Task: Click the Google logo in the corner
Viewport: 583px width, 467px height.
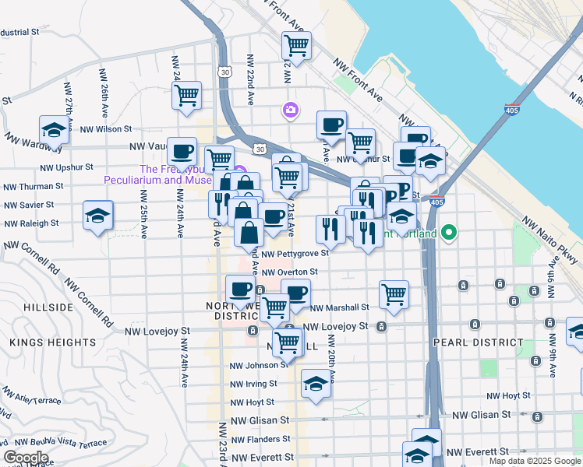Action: click(x=26, y=458)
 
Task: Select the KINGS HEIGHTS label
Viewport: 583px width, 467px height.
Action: click(x=43, y=342)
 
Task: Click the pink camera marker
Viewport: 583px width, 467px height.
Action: click(x=291, y=111)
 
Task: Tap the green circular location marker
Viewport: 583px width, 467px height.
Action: click(x=449, y=232)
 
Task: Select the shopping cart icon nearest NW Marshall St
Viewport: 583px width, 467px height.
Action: click(x=394, y=295)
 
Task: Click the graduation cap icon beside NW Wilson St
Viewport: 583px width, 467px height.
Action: click(x=55, y=130)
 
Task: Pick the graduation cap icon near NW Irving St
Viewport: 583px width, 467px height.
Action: click(x=316, y=384)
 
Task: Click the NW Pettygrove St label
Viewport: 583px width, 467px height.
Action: click(x=295, y=254)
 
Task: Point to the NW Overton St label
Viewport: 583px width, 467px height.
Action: click(x=289, y=272)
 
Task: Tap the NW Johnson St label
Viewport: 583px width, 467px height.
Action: click(x=253, y=365)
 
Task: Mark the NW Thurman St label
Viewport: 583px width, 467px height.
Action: click(x=33, y=187)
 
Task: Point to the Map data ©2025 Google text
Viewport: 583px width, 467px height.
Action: click(x=534, y=461)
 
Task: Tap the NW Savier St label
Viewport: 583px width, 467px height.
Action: click(x=28, y=205)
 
